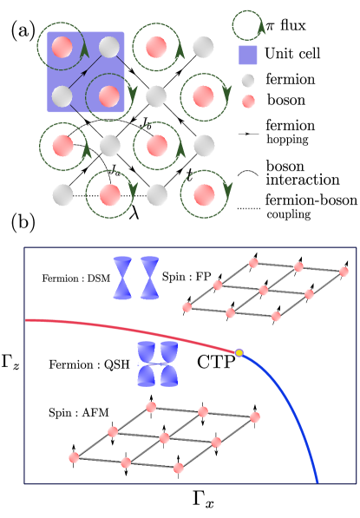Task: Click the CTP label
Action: click(x=216, y=362)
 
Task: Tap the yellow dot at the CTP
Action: click(x=239, y=352)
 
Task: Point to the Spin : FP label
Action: click(x=187, y=278)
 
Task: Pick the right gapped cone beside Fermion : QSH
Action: click(x=167, y=364)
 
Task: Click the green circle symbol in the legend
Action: click(x=248, y=25)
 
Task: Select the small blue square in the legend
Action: click(x=248, y=56)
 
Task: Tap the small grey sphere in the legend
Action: click(x=248, y=81)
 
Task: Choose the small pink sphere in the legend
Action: click(x=248, y=102)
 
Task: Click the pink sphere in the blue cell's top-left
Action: click(x=62, y=48)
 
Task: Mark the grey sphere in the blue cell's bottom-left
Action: click(x=62, y=96)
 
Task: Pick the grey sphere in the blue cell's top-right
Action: click(x=109, y=48)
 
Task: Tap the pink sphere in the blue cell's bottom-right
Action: click(x=109, y=96)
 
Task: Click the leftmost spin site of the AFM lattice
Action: click(x=74, y=457)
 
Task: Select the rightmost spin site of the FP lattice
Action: click(x=344, y=272)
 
